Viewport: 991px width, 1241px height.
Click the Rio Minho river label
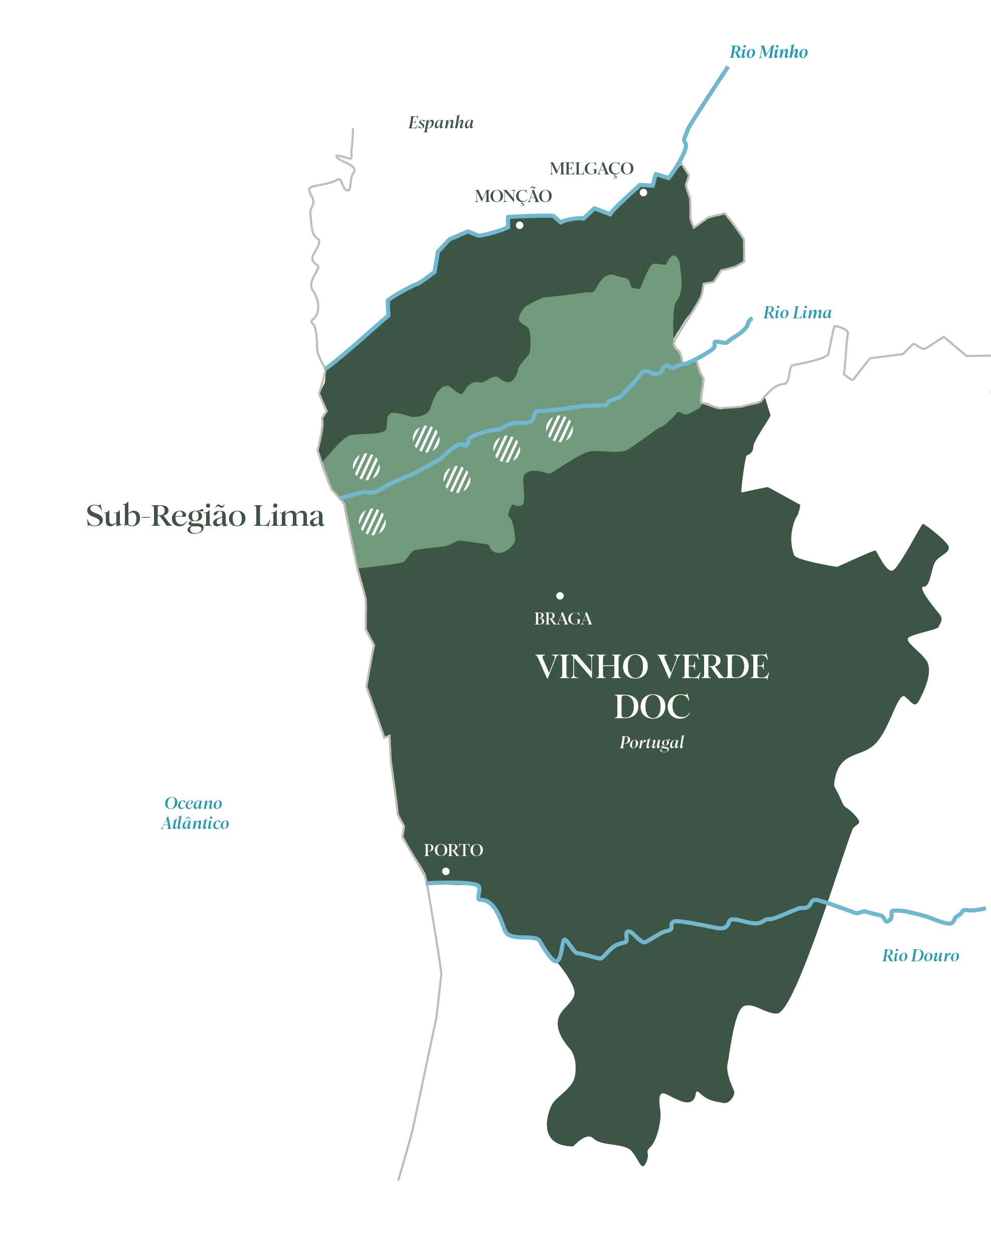coord(769,52)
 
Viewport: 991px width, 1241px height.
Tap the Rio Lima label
coord(797,313)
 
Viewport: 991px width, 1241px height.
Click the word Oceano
coord(194,802)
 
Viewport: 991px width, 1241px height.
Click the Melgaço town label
coord(591,168)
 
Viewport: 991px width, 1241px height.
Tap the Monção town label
coord(513,195)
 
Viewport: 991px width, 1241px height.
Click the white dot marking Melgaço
coord(643,193)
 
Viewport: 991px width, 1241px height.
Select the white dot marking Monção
coord(520,225)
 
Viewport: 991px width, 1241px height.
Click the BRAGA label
coord(563,619)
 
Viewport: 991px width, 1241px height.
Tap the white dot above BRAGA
coord(560,596)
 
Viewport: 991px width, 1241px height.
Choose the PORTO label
coord(453,850)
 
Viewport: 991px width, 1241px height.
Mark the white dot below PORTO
coord(446,872)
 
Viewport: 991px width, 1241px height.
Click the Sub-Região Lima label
coord(205,516)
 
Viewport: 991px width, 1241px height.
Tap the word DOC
coord(652,707)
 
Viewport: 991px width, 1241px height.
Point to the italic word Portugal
coord(651,742)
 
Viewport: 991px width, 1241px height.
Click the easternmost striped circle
coord(559,429)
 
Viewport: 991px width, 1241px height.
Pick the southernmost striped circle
coord(373,521)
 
